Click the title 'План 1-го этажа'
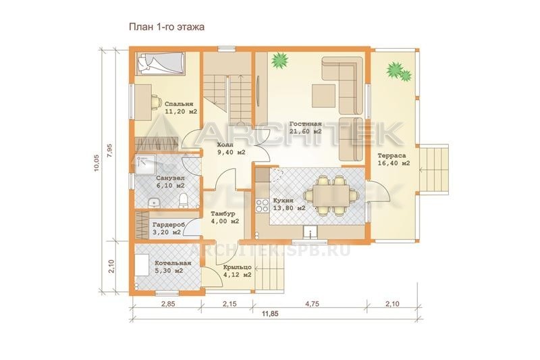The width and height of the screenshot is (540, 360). (167, 27)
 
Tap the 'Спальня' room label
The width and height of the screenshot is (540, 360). (179, 104)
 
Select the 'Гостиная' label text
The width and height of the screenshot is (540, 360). (306, 124)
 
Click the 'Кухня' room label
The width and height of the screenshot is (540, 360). (283, 201)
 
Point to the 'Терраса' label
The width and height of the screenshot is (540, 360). (391, 156)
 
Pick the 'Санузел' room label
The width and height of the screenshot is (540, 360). (170, 178)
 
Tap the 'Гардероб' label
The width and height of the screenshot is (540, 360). (169, 225)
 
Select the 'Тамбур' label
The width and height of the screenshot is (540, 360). (223, 213)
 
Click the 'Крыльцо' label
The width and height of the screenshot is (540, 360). (237, 267)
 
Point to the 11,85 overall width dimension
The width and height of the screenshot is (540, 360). (270, 314)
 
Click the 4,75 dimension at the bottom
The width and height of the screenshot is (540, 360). (312, 304)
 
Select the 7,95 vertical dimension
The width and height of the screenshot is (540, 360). (109, 150)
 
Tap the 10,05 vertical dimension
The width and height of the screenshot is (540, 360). (97, 163)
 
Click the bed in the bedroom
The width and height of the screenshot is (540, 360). (161, 63)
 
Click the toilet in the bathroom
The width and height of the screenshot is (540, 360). (183, 201)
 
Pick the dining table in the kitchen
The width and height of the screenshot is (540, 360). (331, 195)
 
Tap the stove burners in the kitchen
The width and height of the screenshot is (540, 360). (262, 205)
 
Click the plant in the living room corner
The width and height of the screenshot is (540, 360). (279, 61)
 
